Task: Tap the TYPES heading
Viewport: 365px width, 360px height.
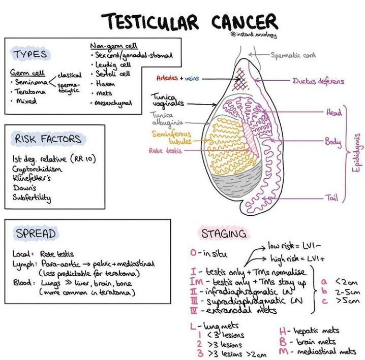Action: [31, 54]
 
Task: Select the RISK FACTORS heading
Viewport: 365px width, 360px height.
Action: [48, 139]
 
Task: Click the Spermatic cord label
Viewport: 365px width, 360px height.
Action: [293, 56]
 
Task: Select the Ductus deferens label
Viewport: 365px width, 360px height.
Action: [318, 81]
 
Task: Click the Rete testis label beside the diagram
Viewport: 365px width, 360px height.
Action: [163, 151]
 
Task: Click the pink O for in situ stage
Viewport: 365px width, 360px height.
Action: [193, 252]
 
